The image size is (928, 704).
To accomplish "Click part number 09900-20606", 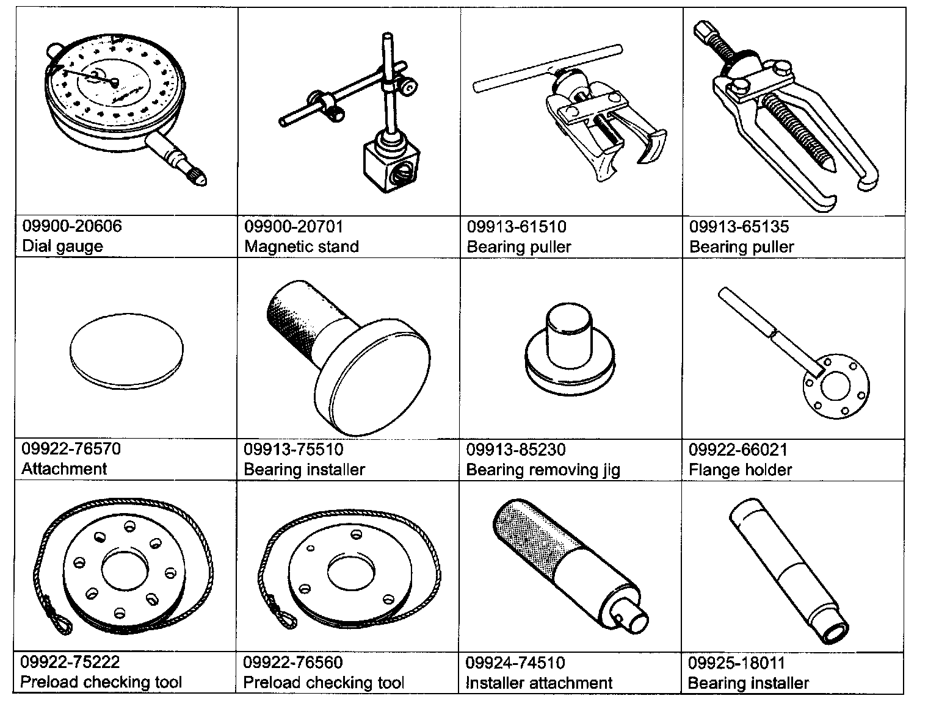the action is click(x=72, y=226).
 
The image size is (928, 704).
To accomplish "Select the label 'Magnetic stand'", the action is click(x=302, y=246).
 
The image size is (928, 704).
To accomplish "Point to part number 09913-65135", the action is click(x=739, y=227).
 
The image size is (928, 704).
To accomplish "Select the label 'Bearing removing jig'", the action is click(x=543, y=470).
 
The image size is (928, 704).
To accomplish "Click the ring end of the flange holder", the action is click(x=835, y=387).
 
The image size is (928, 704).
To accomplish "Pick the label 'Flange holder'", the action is click(x=740, y=470).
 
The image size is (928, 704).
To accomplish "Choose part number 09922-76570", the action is click(x=71, y=449).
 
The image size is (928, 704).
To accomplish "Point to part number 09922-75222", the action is click(x=70, y=662).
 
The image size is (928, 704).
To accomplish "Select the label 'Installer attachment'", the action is click(x=538, y=683).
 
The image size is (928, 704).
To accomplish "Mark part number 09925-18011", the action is click(x=736, y=663).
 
